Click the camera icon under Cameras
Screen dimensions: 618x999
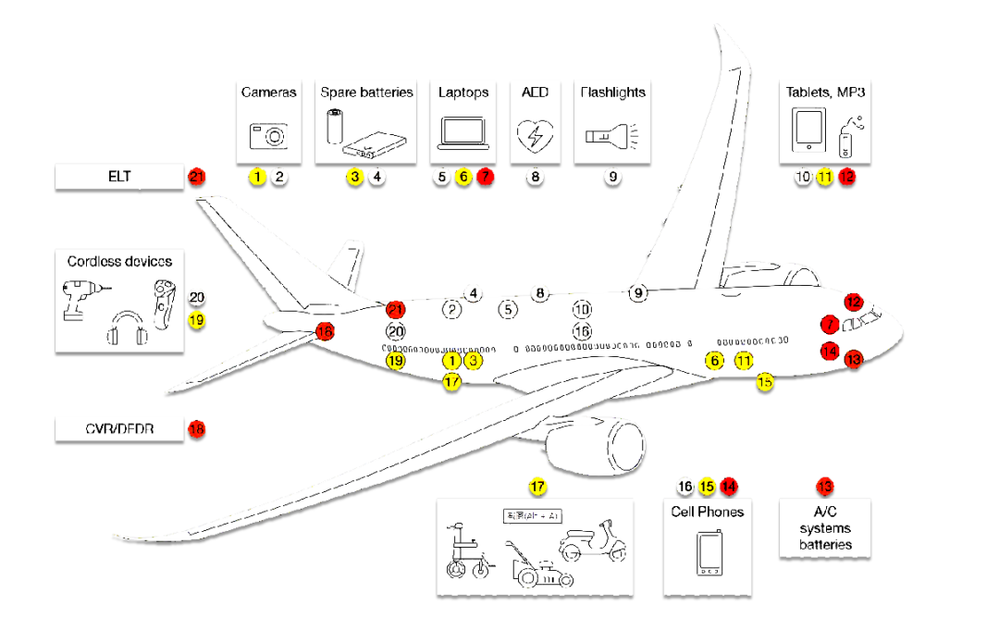(x=268, y=135)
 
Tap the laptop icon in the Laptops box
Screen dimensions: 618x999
(x=462, y=133)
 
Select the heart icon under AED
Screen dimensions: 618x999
(x=534, y=135)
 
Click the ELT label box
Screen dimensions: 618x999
(x=119, y=176)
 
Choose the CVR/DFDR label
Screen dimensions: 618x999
(x=119, y=429)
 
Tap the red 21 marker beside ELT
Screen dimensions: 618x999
(x=196, y=176)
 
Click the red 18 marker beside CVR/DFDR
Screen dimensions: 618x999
(x=196, y=429)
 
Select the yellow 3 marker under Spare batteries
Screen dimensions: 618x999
(x=354, y=176)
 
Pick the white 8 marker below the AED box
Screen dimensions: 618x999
(x=534, y=176)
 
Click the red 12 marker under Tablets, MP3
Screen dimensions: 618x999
(x=847, y=176)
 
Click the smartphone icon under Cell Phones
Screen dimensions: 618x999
(x=709, y=555)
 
